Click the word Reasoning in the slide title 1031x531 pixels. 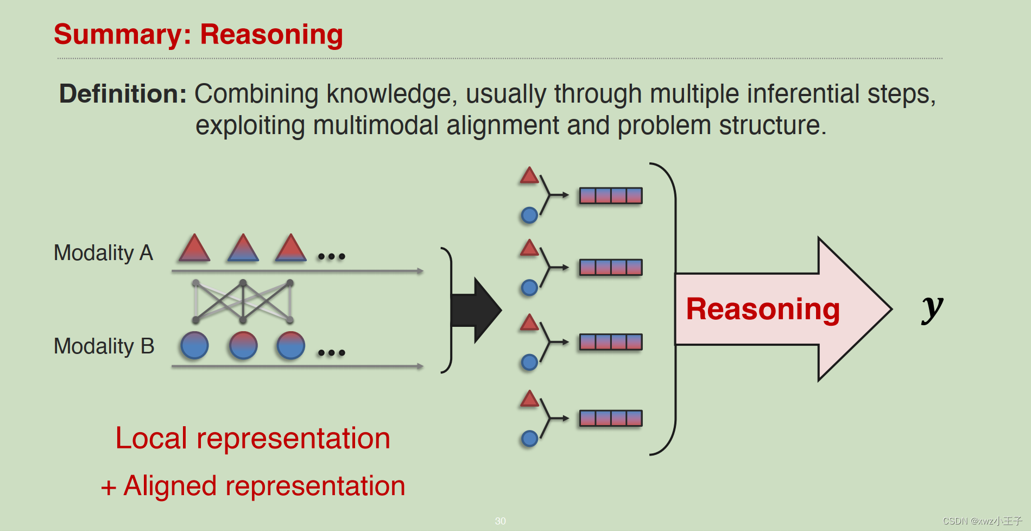[271, 35]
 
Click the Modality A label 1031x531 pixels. [103, 253]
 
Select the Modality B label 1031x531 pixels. [104, 346]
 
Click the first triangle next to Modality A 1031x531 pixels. [194, 249]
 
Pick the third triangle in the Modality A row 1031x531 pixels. [290, 249]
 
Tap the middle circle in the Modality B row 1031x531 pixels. [243, 346]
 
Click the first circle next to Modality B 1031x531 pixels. [194, 346]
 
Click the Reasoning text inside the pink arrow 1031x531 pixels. [763, 309]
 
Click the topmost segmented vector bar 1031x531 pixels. [611, 195]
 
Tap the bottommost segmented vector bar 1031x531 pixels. [611, 418]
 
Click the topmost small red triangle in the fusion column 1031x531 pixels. [529, 176]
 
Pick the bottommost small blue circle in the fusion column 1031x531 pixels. [529, 438]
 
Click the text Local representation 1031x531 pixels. [252, 438]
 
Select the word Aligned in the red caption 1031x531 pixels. [170, 486]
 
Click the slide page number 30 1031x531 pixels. [500, 521]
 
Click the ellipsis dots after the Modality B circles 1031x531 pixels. [332, 353]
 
